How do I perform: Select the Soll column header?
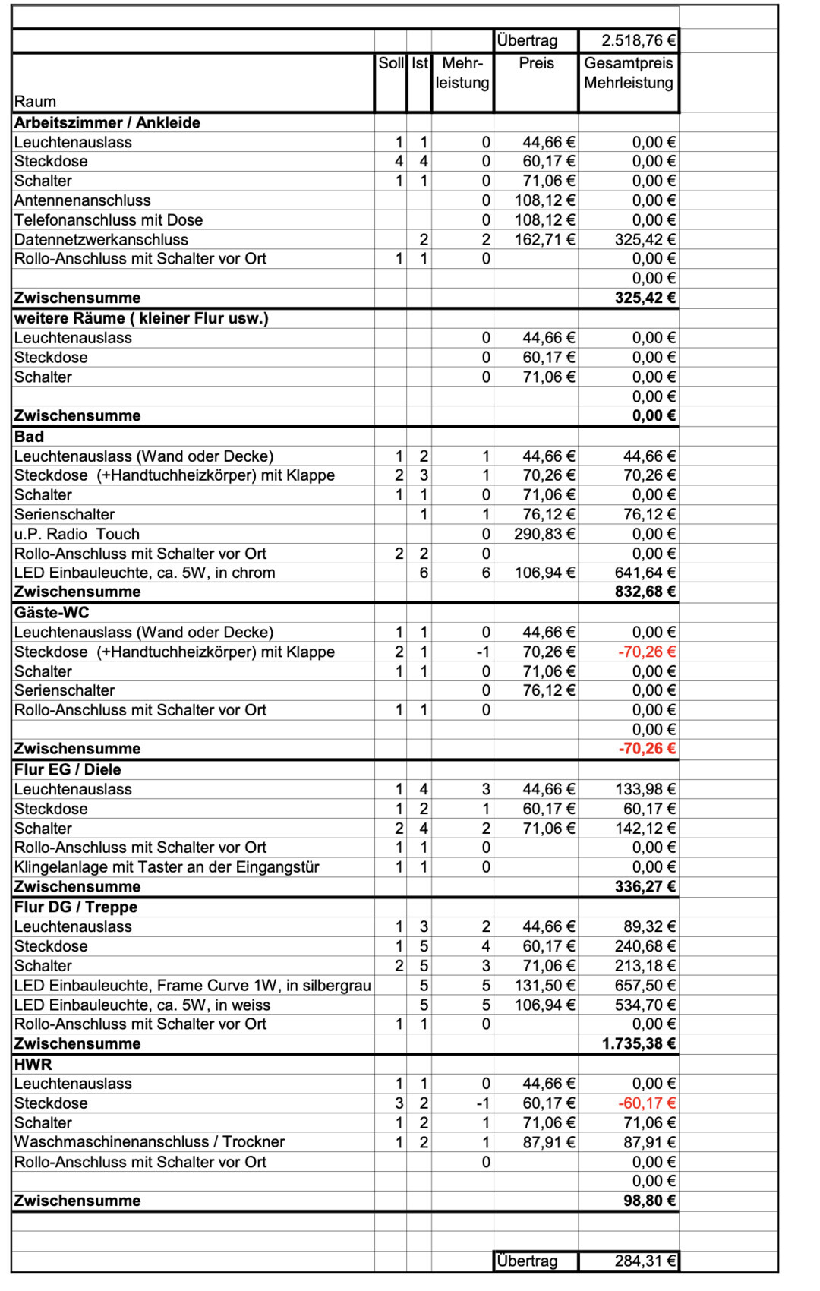coord(391,63)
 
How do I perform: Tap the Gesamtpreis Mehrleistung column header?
coord(629,73)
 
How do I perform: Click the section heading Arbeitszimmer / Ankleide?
coord(107,122)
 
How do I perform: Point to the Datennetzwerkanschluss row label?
coord(101,239)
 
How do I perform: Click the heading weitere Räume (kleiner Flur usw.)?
coord(141,318)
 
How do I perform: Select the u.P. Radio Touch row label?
coord(77,534)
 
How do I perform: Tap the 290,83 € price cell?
coord(544,534)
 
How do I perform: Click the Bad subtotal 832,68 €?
coord(645,592)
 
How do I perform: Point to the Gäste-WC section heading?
coord(52,612)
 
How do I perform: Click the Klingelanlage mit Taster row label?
coord(166,867)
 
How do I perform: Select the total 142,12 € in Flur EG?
coord(645,829)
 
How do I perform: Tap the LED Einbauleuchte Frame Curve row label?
coord(192,986)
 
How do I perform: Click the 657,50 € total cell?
coord(645,986)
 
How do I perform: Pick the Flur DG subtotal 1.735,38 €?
coord(639,1043)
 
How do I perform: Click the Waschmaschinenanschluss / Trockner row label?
coord(149,1142)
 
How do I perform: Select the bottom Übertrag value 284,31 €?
coord(645,1261)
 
